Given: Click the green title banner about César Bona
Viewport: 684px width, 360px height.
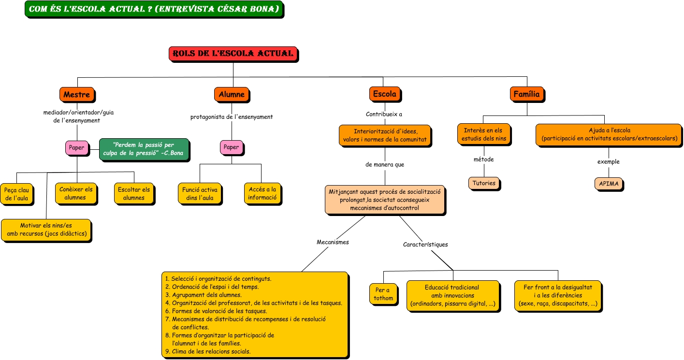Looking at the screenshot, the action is [154, 9].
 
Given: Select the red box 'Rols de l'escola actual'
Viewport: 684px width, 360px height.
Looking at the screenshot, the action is [233, 54].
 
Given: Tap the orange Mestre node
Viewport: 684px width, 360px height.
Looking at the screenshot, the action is [77, 94].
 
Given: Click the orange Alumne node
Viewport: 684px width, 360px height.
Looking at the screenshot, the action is [232, 94].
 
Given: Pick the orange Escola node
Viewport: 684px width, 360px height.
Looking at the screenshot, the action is [385, 94].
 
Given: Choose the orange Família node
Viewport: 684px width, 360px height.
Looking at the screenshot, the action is [527, 94].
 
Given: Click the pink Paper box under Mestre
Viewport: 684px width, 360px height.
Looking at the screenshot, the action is [77, 148].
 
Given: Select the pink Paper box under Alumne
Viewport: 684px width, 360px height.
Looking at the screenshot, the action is [232, 147].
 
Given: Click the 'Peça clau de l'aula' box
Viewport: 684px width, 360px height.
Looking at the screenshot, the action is [16, 194].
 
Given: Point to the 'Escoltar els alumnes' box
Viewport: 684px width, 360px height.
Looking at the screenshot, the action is [134, 193].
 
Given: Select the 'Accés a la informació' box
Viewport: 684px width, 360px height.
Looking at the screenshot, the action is [262, 193].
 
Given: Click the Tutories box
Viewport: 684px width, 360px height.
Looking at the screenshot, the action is [484, 183].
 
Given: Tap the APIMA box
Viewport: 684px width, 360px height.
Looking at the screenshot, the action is [609, 184].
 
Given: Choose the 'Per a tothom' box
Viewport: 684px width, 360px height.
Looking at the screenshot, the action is [383, 294].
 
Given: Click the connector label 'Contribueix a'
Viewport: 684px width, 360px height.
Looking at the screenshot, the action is [384, 114].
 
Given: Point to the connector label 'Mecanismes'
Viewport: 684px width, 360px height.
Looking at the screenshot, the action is [333, 242].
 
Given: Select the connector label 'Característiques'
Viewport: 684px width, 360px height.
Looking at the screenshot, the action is [425, 245].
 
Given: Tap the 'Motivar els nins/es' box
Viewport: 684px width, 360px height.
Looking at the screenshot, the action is [46, 230].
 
